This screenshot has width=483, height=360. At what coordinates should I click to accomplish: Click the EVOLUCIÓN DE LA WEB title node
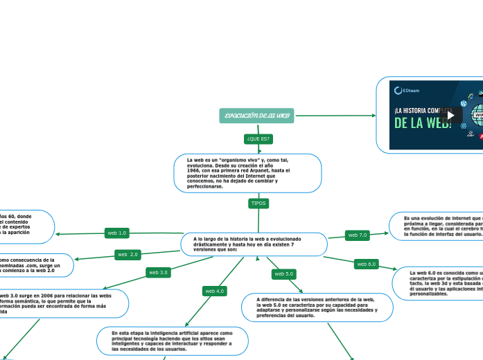[x=256, y=115]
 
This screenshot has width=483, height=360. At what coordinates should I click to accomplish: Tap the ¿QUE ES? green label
[x=258, y=139]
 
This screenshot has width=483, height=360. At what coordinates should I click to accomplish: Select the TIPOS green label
[x=258, y=204]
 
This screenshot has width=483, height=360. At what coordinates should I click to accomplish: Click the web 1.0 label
[x=116, y=233]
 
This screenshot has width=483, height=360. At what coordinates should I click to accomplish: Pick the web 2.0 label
[x=128, y=254]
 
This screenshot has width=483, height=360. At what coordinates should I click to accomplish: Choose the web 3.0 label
[x=159, y=272]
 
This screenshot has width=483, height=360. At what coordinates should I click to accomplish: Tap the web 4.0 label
[x=215, y=291]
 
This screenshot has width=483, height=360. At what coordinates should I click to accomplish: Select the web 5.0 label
[x=284, y=274]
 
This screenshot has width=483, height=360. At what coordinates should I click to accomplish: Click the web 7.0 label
[x=358, y=235]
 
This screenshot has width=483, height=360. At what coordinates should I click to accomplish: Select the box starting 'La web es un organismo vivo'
[x=247, y=172]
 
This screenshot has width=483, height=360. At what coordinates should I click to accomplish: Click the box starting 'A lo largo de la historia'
[x=254, y=244]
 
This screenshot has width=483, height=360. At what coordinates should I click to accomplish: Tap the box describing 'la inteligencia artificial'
[x=173, y=341]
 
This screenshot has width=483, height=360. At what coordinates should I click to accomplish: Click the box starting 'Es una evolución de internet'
[x=436, y=226]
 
